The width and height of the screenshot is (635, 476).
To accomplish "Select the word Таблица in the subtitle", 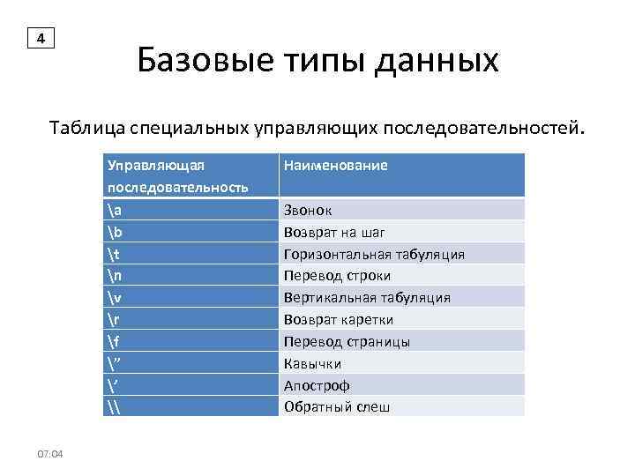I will [x=87, y=130].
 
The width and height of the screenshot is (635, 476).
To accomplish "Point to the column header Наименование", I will [x=335, y=166].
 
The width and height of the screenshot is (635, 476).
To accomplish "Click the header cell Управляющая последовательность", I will [x=176, y=175].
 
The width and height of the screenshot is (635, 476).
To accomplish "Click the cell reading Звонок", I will [x=308, y=210].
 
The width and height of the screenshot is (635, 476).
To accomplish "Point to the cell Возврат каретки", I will [x=339, y=319].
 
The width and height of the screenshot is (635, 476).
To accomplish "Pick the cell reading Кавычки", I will [x=312, y=363].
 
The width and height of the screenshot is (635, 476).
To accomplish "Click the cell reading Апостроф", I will [x=317, y=385].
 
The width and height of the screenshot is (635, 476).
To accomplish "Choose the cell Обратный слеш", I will [x=336, y=407].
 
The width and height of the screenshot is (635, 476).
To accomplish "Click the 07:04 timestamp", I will [x=50, y=453].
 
